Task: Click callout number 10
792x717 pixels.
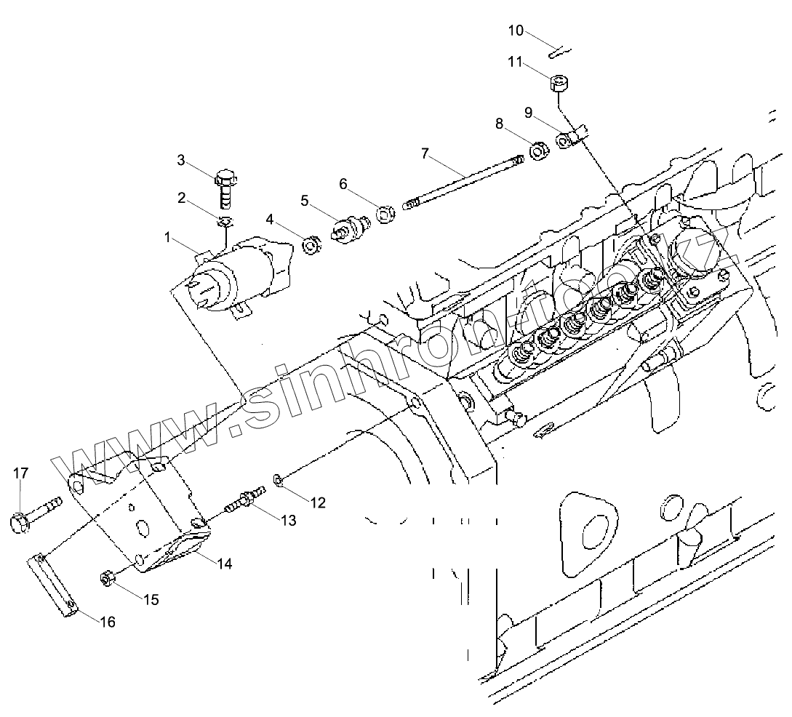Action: point(516,31)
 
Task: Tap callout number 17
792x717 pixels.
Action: point(20,473)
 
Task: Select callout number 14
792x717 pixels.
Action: point(225,563)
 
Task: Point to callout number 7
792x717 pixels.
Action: point(425,153)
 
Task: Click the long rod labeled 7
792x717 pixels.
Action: point(465,180)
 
